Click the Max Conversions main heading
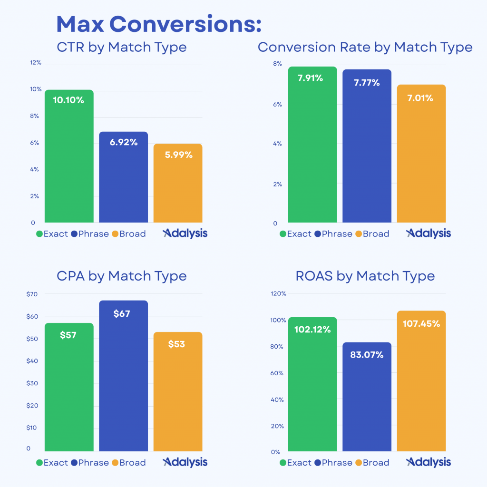(159, 24)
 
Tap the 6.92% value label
(123, 142)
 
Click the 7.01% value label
(421, 98)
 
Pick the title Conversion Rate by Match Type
(365, 47)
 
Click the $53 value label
(177, 344)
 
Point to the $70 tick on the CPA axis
(32, 294)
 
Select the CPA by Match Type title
(121, 276)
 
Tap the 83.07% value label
(367, 354)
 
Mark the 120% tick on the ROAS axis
(278, 294)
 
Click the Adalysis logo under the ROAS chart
(428, 462)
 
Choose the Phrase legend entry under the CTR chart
(90, 234)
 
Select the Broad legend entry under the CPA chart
(128, 462)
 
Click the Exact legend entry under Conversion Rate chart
(295, 234)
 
